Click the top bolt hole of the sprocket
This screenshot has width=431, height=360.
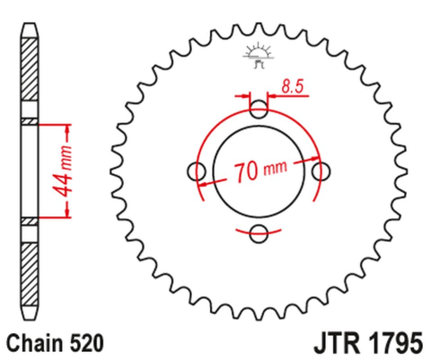point(259,111)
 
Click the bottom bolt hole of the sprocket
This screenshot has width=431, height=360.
point(259,235)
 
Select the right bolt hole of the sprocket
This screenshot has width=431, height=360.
point(322,172)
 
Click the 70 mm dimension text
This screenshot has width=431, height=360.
point(261,171)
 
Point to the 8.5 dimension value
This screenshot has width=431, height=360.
point(290,87)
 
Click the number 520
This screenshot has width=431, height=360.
point(89,342)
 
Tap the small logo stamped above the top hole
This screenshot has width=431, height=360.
point(259,57)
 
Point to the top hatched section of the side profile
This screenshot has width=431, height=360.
point(30,76)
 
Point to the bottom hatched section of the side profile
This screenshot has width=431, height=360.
point(30,269)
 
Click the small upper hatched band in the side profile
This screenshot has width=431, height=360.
point(30,121)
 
